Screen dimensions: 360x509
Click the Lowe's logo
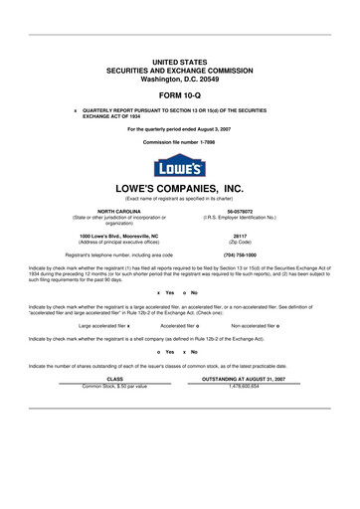click(179, 165)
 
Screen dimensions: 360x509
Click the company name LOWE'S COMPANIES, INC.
click(179, 187)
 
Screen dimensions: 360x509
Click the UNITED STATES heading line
click(179, 62)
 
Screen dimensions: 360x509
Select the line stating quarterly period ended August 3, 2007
click(179, 129)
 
